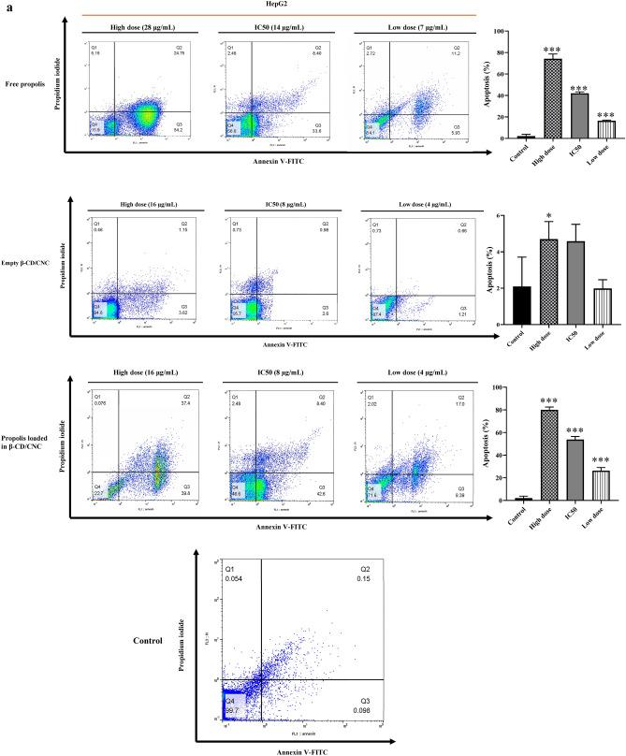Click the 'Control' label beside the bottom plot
148,642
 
